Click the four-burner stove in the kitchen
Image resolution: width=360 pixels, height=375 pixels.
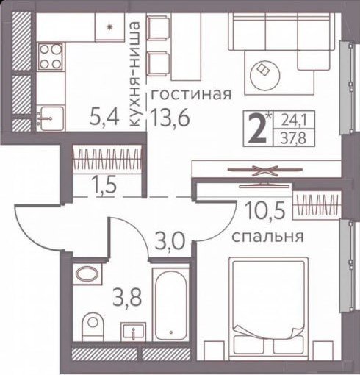pyautogui.click(x=51, y=57)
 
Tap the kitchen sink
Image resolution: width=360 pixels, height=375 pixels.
pyautogui.click(x=50, y=118)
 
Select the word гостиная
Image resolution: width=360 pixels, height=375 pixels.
pyautogui.click(x=191, y=94)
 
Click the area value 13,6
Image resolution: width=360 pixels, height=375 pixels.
pyautogui.click(x=170, y=117)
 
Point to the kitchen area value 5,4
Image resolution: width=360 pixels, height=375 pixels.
pyautogui.click(x=104, y=118)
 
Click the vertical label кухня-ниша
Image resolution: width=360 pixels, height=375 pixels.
pyautogui.click(x=134, y=75)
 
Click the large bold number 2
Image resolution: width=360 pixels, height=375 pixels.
pyautogui.click(x=257, y=129)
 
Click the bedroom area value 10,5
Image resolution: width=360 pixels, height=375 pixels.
pyautogui.click(x=266, y=210)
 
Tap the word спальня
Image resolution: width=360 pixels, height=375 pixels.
pyautogui.click(x=268, y=237)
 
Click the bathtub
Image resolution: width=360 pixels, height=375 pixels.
pyautogui.click(x=170, y=304)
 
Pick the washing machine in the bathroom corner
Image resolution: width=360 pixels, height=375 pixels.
pyautogui.click(x=87, y=274)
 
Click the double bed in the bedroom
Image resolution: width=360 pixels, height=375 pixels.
pyautogui.click(x=268, y=305)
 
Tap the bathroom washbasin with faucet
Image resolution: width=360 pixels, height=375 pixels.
pyautogui.click(x=133, y=332)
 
